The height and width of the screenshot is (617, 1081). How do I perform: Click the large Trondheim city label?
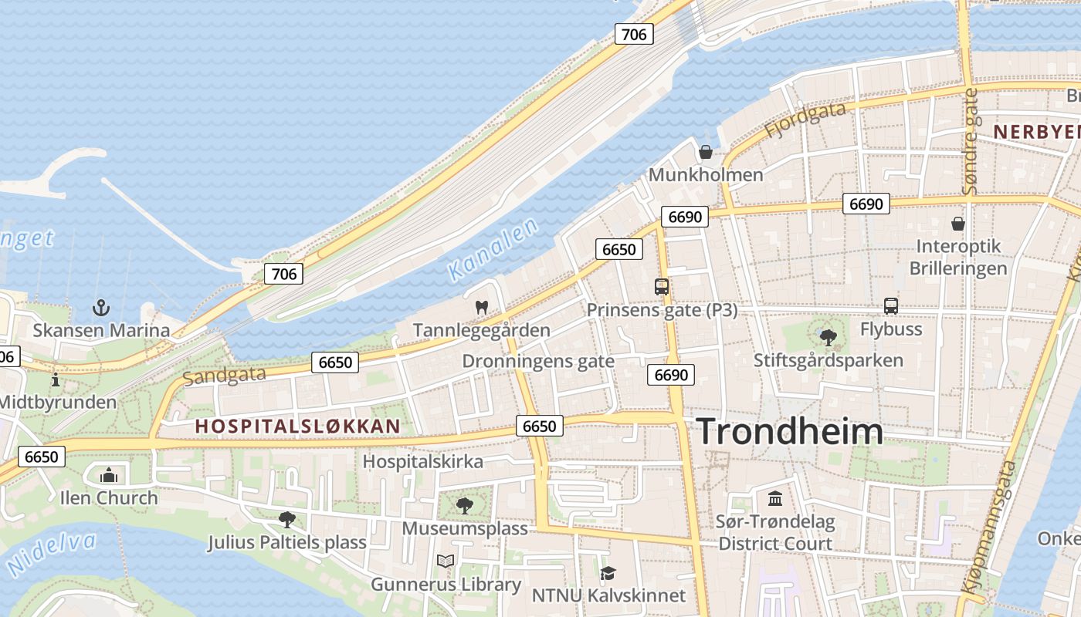pyautogui.click(x=790, y=432)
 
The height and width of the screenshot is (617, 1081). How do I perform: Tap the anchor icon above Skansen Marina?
pyautogui.click(x=101, y=308)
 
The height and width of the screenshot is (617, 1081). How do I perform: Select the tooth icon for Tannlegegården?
pyautogui.click(x=482, y=307)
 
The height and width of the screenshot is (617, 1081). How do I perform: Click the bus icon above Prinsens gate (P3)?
pyautogui.click(x=662, y=287)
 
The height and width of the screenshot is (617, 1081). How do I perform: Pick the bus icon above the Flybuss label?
pyautogui.click(x=891, y=305)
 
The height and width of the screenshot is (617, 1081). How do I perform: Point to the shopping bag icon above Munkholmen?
pyautogui.click(x=705, y=151)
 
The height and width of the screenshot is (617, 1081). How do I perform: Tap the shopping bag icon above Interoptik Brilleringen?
pyautogui.click(x=958, y=224)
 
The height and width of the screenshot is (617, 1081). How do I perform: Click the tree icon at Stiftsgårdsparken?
pyautogui.click(x=829, y=337)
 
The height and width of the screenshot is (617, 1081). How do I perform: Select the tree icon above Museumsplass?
pyautogui.click(x=464, y=505)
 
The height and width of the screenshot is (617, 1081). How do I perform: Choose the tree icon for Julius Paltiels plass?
pyautogui.click(x=286, y=519)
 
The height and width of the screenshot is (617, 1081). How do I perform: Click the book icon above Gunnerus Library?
pyautogui.click(x=446, y=561)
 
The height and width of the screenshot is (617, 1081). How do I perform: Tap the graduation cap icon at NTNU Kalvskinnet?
pyautogui.click(x=608, y=573)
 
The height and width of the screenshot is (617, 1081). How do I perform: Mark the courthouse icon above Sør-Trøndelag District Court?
pyautogui.click(x=775, y=498)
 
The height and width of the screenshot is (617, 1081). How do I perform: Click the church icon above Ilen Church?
pyautogui.click(x=109, y=474)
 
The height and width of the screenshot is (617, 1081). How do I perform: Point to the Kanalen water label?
pyautogui.click(x=493, y=248)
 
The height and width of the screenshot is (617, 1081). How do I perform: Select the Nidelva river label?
pyautogui.click(x=51, y=552)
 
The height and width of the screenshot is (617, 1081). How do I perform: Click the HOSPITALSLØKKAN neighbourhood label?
pyautogui.click(x=298, y=427)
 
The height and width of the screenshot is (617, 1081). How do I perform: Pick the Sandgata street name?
pyautogui.click(x=224, y=376)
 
